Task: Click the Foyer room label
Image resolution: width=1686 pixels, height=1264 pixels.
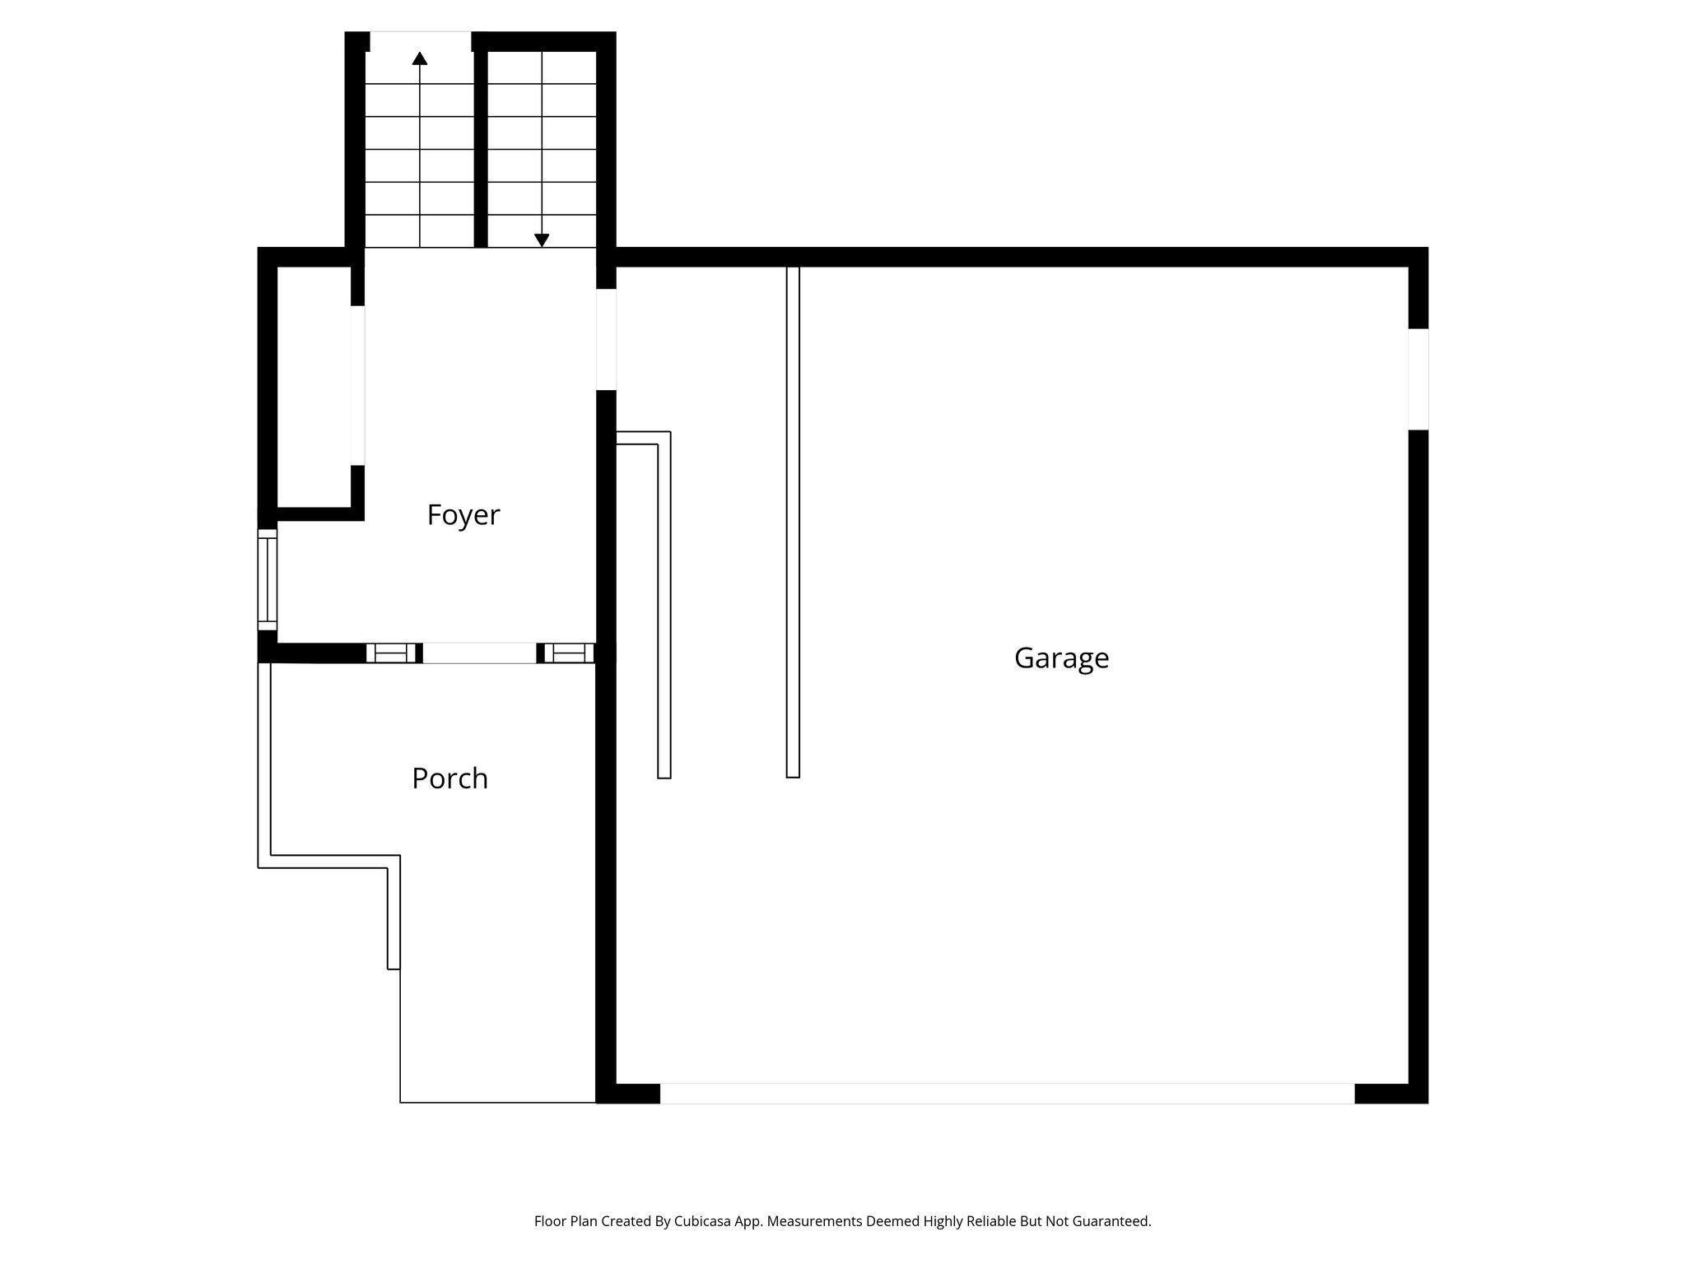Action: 463,515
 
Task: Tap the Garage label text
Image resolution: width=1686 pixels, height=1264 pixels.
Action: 1061,658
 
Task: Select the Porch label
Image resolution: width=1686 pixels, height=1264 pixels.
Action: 449,778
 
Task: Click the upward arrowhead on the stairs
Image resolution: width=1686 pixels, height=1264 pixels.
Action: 420,58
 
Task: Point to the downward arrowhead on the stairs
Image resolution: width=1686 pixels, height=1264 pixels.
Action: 542,239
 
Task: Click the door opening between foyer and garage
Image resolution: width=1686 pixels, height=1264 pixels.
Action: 606,339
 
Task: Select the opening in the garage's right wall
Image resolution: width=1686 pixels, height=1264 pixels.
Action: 1418,379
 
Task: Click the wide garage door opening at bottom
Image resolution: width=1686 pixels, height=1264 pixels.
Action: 1006,1094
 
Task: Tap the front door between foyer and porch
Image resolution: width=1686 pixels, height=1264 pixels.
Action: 479,653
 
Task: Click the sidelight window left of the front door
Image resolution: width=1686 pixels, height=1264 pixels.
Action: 391,653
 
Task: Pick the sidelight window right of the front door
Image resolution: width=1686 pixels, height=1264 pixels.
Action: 569,653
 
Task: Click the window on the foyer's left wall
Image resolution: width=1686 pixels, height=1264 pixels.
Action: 268,579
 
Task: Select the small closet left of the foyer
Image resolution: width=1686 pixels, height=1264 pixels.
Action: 314,387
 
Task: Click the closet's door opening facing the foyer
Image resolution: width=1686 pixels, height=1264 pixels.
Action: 357,385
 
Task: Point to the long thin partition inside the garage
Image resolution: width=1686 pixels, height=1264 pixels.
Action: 793,522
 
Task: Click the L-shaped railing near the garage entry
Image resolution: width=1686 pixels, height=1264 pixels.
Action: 664,605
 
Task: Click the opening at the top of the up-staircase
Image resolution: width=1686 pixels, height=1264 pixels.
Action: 420,40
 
